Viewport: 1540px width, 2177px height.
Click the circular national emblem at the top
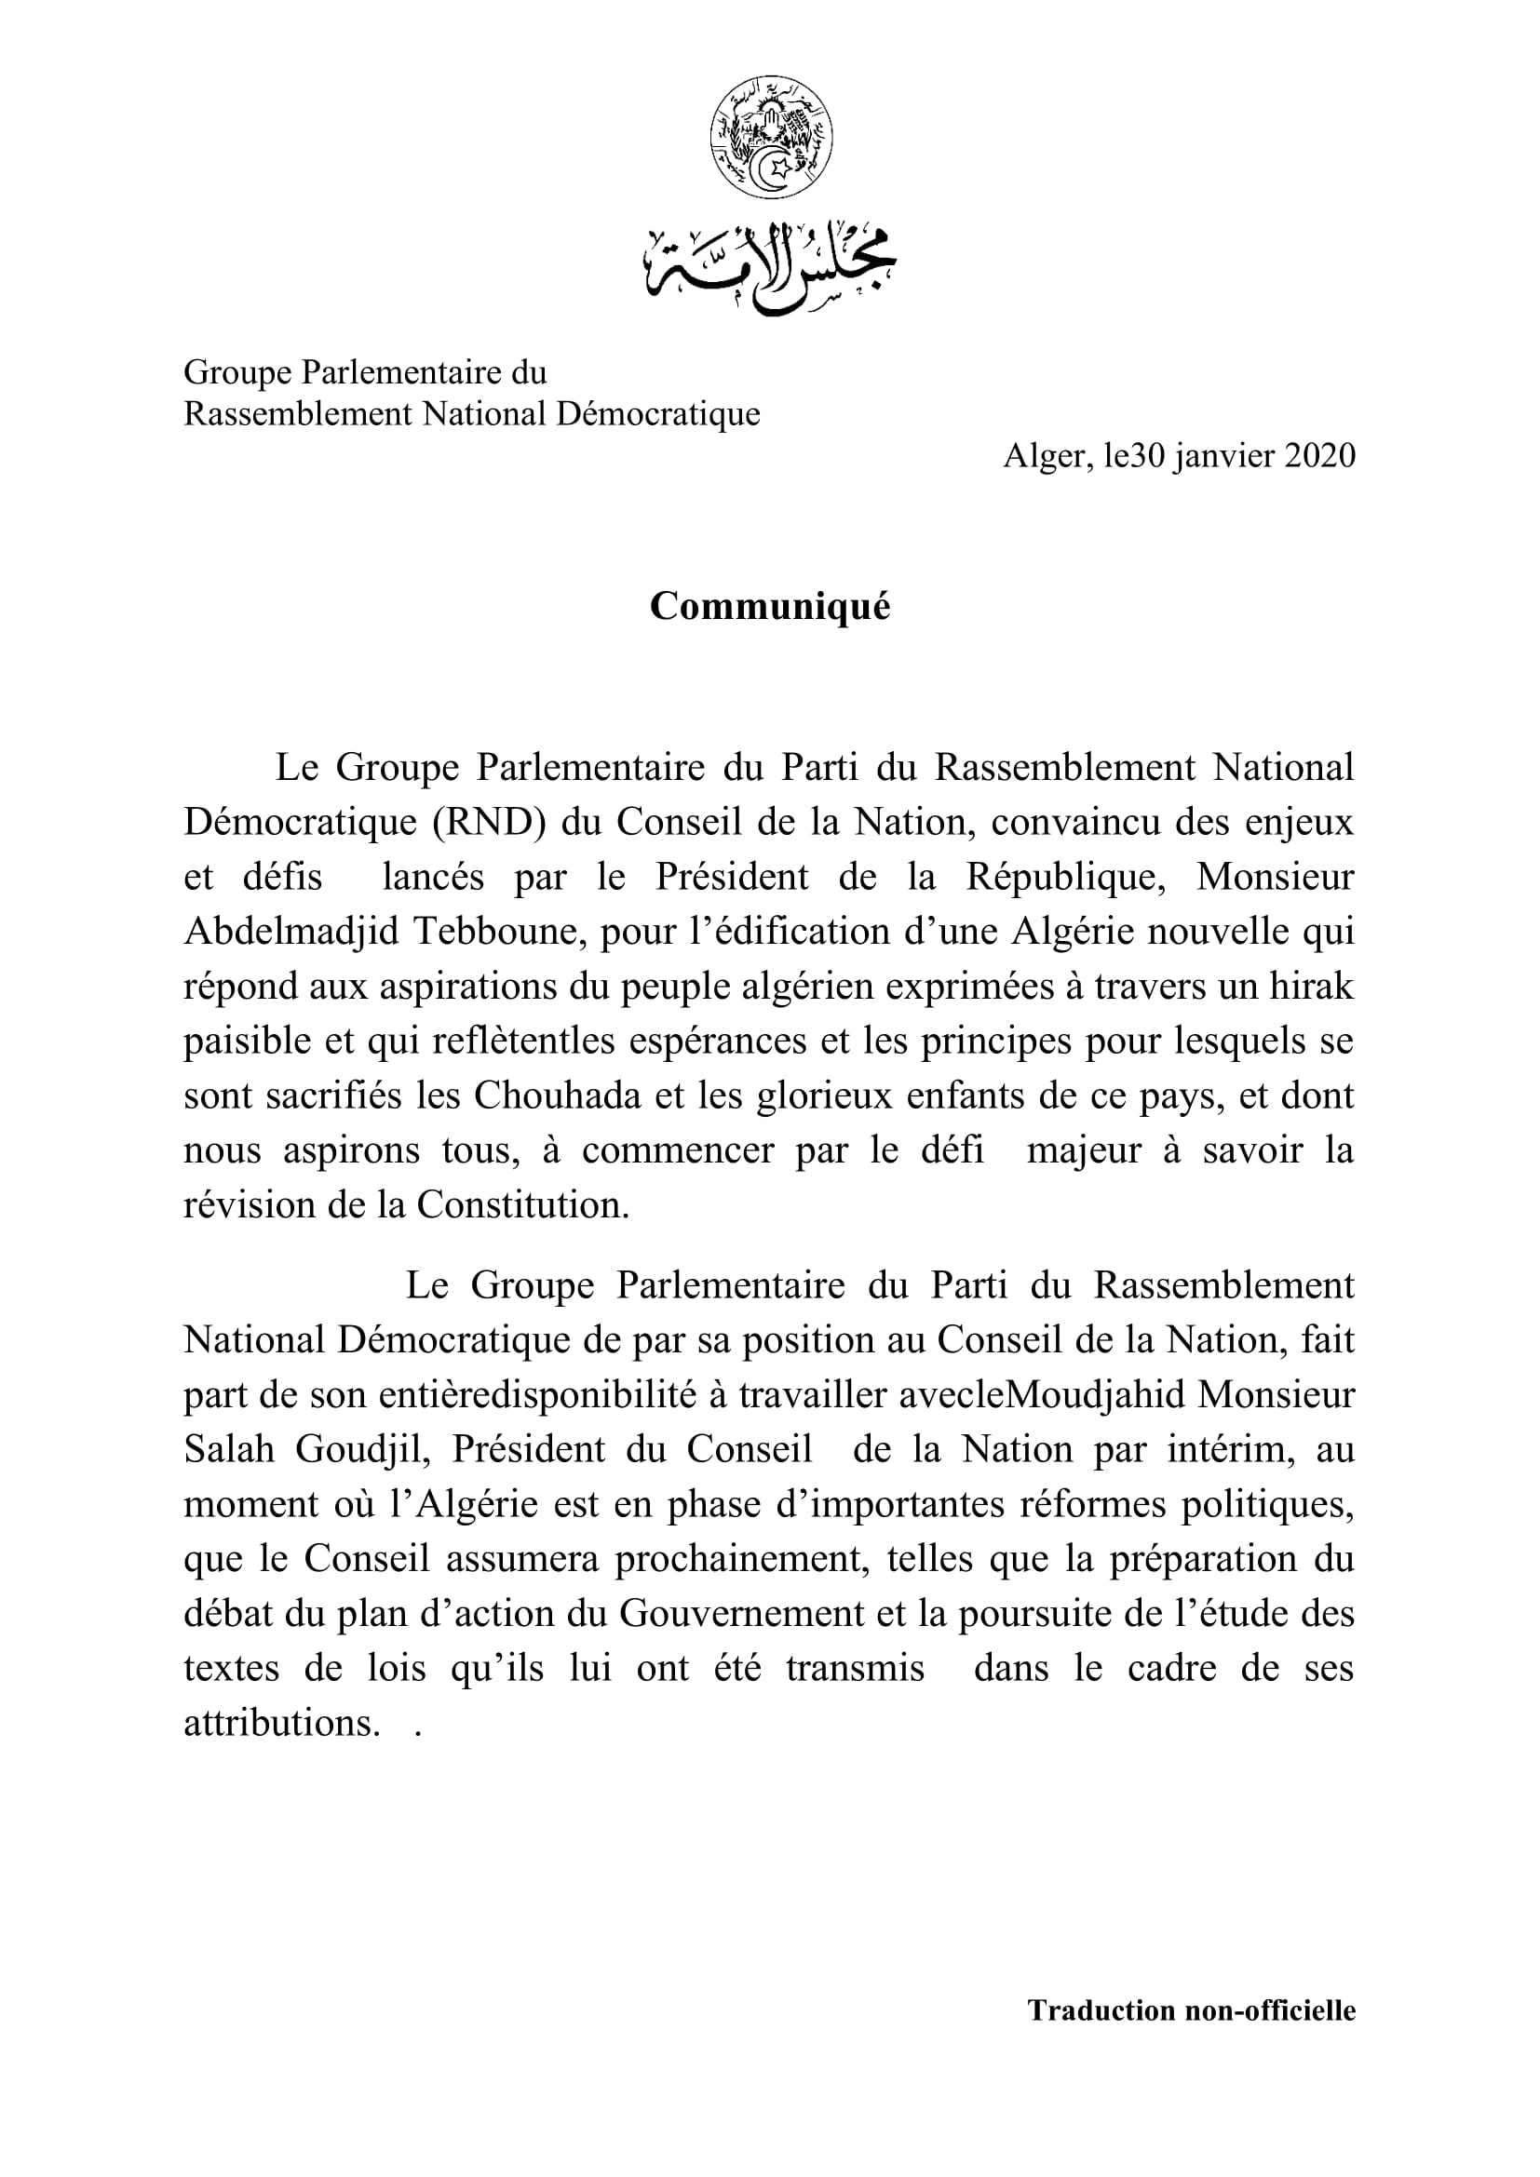pyautogui.click(x=770, y=140)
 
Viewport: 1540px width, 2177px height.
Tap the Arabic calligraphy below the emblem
pyautogui.click(x=770, y=268)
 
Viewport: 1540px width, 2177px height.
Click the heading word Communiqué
pyautogui.click(x=770, y=607)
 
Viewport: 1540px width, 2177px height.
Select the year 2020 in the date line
pyautogui.click(x=1319, y=457)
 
